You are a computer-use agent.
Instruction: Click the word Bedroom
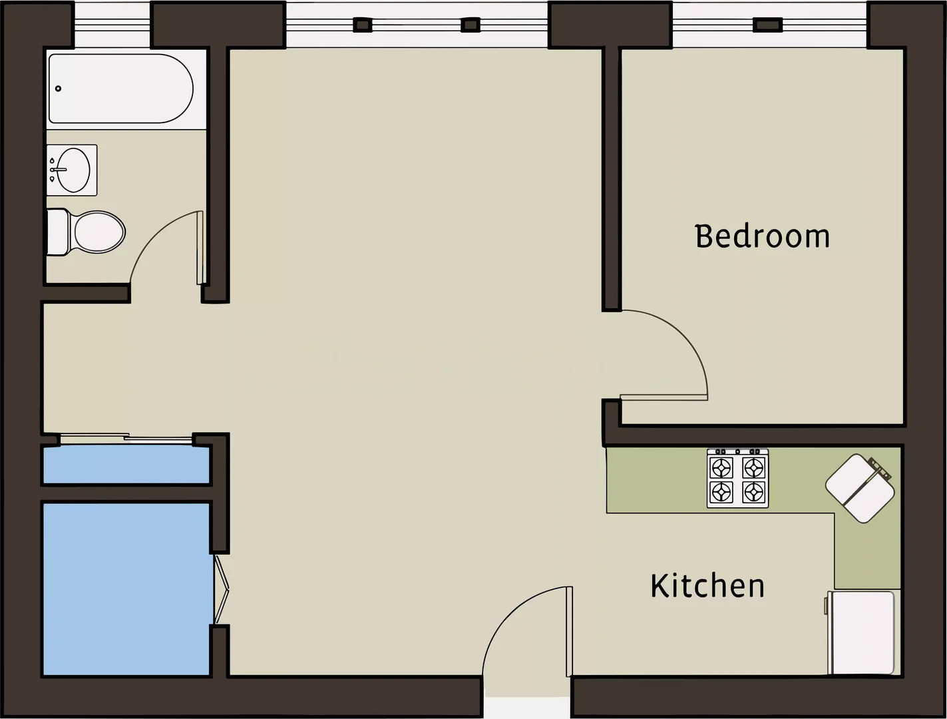point(763,236)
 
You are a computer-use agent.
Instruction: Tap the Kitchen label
point(707,586)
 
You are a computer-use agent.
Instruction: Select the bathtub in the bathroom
point(121,89)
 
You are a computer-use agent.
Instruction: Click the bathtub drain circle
point(59,89)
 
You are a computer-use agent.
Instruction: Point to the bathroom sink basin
point(73,170)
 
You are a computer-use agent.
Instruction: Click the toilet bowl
point(100,232)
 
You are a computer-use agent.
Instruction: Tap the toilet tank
point(58,232)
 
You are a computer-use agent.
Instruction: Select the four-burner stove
point(737,479)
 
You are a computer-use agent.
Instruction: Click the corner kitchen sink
point(860,489)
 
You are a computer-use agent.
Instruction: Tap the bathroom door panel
point(200,248)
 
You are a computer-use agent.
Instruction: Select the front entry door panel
point(570,631)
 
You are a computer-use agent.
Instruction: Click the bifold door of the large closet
point(221,589)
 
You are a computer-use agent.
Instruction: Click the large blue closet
point(126,589)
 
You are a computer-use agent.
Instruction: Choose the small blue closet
point(126,465)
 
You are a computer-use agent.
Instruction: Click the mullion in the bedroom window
point(768,25)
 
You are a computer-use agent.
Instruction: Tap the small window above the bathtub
point(112,25)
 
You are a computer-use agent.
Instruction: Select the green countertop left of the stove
point(656,481)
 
